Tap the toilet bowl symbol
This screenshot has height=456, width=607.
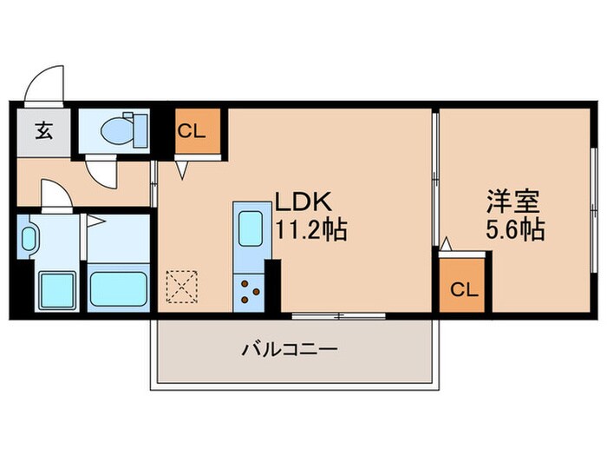[116, 131]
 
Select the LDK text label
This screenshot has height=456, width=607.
[304, 202]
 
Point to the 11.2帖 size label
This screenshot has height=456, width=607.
[311, 230]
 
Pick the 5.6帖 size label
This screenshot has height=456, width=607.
[515, 231]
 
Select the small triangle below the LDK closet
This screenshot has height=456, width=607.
[184, 169]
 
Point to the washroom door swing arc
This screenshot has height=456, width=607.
[54, 195]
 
